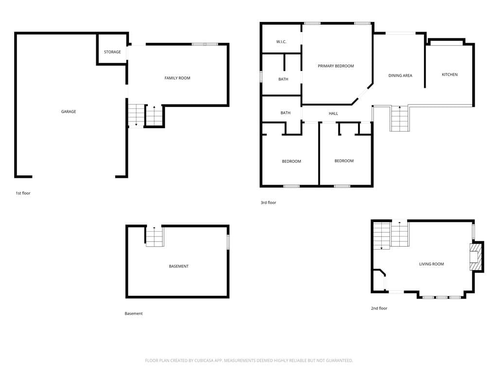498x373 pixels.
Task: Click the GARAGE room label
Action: [x=69, y=112]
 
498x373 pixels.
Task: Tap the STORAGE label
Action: [x=112, y=52]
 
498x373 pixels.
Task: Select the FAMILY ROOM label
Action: [x=177, y=78]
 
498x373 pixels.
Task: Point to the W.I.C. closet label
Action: [x=281, y=42]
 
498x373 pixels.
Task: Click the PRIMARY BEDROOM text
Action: [x=336, y=66]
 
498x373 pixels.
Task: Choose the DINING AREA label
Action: [x=400, y=75]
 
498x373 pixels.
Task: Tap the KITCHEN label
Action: [x=450, y=74]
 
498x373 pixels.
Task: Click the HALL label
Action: [x=333, y=114]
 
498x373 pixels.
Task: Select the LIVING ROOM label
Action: [x=431, y=264]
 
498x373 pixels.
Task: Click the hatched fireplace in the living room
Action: [x=476, y=257]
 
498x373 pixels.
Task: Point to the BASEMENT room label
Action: [x=178, y=267]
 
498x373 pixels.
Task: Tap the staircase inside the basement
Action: [x=155, y=237]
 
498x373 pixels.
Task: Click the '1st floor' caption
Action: [x=23, y=193]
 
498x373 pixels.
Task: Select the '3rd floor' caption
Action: [x=268, y=203]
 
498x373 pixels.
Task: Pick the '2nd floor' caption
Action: [x=379, y=308]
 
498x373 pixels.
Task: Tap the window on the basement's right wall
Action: [x=228, y=242]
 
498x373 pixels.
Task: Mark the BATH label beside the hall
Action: [x=285, y=113]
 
